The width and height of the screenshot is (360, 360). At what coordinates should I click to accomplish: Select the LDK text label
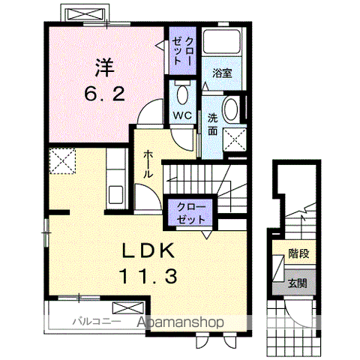(x=145, y=250)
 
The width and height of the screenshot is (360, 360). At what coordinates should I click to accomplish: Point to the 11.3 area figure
(x=147, y=277)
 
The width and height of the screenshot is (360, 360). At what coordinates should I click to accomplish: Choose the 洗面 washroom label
(x=213, y=124)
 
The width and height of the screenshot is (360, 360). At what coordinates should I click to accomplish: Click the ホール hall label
(x=148, y=163)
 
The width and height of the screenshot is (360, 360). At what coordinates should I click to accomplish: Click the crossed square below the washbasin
(x=235, y=138)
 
